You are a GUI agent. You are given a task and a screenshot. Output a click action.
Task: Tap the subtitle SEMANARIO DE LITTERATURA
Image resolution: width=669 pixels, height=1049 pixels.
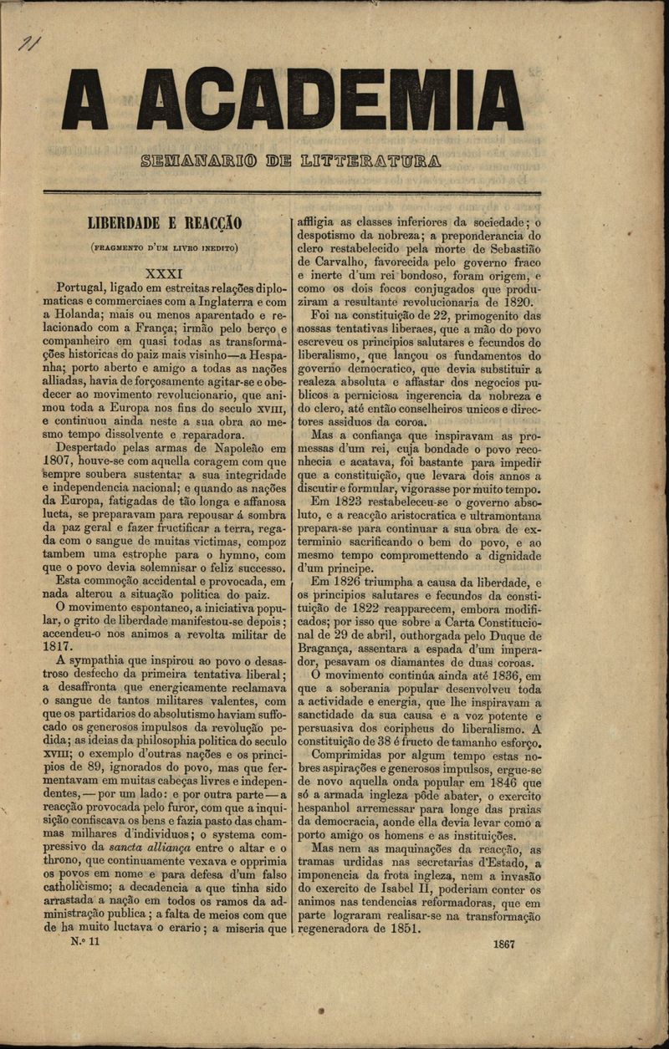pos(291,159)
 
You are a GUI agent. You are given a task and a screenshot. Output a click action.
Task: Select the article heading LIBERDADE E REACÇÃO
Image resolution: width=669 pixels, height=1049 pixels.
pos(165,223)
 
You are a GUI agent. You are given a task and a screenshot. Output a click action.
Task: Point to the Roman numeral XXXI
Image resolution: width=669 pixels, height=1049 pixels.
pos(170,272)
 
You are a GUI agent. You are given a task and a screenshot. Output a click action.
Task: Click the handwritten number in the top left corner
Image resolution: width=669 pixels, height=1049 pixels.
pos(31,43)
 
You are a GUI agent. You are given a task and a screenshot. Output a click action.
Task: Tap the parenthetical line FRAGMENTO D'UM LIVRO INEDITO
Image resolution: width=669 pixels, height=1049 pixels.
pos(165,247)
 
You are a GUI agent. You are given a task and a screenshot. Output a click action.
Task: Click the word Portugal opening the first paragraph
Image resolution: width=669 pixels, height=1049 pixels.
pos(84,287)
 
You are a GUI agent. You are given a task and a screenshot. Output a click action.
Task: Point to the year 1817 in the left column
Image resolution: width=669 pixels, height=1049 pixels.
pos(58,646)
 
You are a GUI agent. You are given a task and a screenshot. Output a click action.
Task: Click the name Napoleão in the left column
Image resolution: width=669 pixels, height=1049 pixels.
pos(238,448)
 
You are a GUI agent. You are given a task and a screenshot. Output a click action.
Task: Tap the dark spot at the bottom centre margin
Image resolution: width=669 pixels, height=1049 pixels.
pos(320,1011)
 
